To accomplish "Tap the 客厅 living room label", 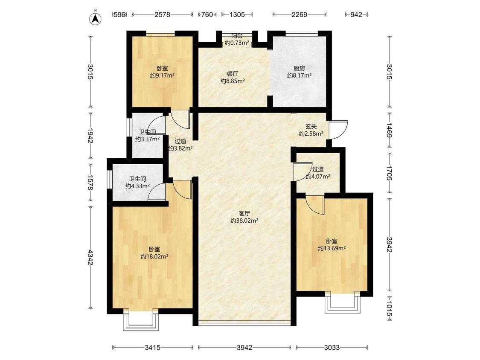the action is coord(244,213).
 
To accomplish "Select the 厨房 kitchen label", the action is coord(299,68).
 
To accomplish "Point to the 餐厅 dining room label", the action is coord(233,74).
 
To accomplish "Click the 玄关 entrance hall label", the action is coord(311,126).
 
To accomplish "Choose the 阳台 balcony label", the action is coord(237,36).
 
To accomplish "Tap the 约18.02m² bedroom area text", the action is coord(154,257).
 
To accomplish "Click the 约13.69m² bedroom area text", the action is coord(332,248).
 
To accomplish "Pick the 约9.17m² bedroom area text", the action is coord(162,75).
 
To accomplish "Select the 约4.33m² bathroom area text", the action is coord(137,186).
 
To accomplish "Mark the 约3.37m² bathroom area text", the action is coord(148,139).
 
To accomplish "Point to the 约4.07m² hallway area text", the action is coord(318,176).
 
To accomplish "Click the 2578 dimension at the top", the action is coord(162,15).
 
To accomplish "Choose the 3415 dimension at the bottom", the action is coord(152,348).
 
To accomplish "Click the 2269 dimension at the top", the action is coord(300,15).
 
